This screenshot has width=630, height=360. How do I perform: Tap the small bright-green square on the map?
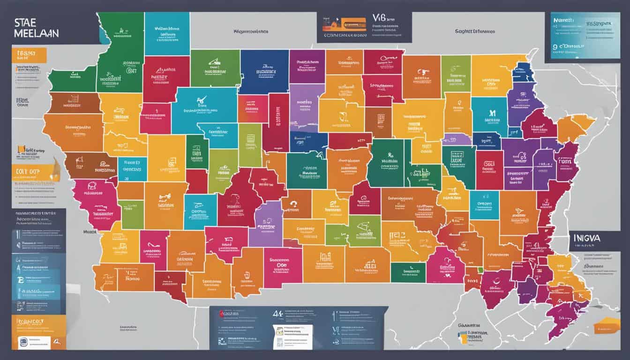point(480,270)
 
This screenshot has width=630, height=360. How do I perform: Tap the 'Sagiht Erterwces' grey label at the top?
point(474,31)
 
